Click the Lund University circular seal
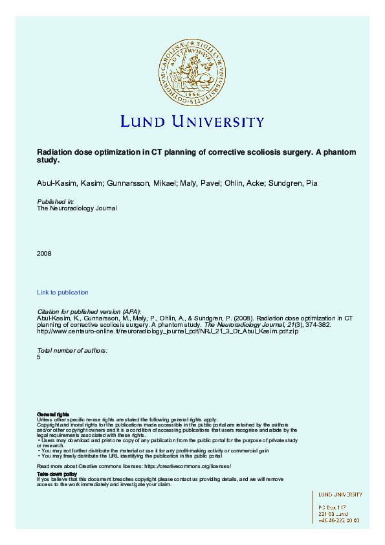[x=192, y=72]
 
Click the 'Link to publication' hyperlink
[x=63, y=293]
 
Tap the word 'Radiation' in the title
[x=54, y=152]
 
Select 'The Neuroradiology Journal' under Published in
[x=77, y=208]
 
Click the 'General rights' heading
[x=53, y=414]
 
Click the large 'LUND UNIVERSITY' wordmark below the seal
[x=192, y=121]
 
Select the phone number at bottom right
[x=338, y=520]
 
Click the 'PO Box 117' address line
[x=333, y=507]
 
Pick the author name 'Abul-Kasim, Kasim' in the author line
[x=65, y=184]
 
